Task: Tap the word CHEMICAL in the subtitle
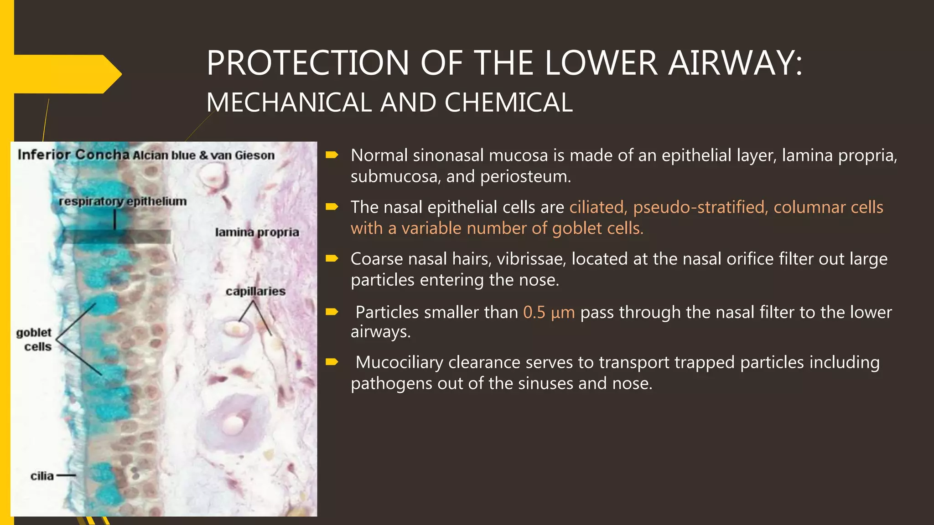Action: click(509, 103)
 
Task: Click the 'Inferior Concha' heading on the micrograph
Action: click(73, 154)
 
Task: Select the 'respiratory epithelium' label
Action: click(123, 201)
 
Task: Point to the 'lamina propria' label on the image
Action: click(257, 232)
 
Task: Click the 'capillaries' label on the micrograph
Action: click(255, 291)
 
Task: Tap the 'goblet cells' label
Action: click(35, 340)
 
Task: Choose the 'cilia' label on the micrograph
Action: click(42, 476)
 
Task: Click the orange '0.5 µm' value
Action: click(549, 313)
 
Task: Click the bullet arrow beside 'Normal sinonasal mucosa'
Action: click(332, 155)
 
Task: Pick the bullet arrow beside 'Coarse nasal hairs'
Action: click(332, 259)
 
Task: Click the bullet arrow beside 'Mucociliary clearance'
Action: click(332, 362)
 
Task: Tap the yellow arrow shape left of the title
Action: click(64, 74)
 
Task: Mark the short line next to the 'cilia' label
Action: click(67, 476)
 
